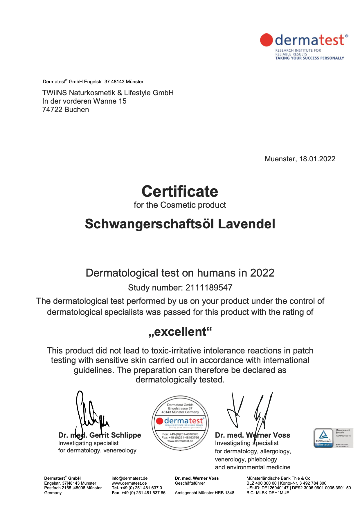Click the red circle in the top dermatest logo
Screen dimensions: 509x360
click(x=266, y=40)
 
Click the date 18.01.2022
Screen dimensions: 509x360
click(x=317, y=159)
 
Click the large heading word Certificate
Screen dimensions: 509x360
click(x=180, y=192)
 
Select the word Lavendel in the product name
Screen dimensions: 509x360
click(x=246, y=224)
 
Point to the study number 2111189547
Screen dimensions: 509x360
click(x=209, y=288)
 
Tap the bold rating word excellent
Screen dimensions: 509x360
click(x=180, y=332)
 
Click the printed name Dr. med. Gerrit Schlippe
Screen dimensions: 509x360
click(x=100, y=435)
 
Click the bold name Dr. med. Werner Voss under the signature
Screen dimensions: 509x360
click(x=252, y=435)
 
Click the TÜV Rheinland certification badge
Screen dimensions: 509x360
click(x=333, y=438)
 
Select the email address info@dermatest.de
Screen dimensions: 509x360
click(x=129, y=478)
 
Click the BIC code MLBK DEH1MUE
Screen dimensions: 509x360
click(x=272, y=493)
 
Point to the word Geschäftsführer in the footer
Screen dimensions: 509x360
click(x=190, y=483)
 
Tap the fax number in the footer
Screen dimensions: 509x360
click(x=143, y=493)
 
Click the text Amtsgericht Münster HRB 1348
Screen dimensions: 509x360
click(x=204, y=493)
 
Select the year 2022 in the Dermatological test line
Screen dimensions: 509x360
click(x=262, y=273)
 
